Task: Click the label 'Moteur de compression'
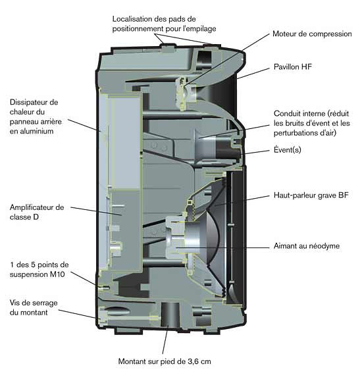click(312, 34)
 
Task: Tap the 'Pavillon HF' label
click(293, 66)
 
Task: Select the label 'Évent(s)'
click(288, 149)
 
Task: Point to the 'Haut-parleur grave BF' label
click(311, 195)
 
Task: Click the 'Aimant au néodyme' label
click(307, 245)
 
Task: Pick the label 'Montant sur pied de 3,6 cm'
click(165, 361)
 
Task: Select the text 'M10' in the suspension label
click(57, 274)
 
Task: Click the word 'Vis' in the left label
click(14, 303)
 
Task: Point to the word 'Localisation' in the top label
click(132, 19)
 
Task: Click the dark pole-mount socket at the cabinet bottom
click(170, 315)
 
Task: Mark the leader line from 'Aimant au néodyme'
click(222, 247)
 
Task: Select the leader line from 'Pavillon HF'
click(253, 74)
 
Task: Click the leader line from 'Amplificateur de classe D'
click(96, 211)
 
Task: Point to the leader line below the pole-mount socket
click(165, 340)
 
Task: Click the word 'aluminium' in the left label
click(32, 131)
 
